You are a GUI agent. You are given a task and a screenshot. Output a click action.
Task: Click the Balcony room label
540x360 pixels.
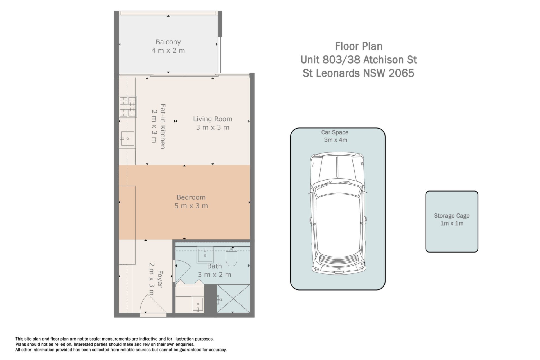point(168,42)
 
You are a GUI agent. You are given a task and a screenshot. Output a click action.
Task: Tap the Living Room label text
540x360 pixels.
point(213,119)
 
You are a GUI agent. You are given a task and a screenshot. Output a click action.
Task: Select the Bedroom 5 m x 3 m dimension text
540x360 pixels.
point(191,206)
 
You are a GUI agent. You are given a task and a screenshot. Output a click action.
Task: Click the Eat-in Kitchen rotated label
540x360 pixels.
point(163,126)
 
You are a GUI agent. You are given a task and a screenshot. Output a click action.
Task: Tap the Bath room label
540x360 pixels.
point(215,266)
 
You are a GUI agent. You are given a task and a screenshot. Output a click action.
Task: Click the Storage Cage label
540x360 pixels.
point(452,216)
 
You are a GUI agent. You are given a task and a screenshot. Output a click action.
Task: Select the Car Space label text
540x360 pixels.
point(335,132)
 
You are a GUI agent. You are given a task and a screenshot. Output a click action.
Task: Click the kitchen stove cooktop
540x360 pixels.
point(128,107)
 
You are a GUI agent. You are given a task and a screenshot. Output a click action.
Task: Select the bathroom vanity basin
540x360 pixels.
point(205,255)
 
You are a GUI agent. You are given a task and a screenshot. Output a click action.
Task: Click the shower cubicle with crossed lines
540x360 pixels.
point(233,298)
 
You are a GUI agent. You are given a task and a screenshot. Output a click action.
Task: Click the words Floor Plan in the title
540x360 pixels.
point(359,46)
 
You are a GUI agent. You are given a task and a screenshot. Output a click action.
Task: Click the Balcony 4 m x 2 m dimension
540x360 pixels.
point(168,51)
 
